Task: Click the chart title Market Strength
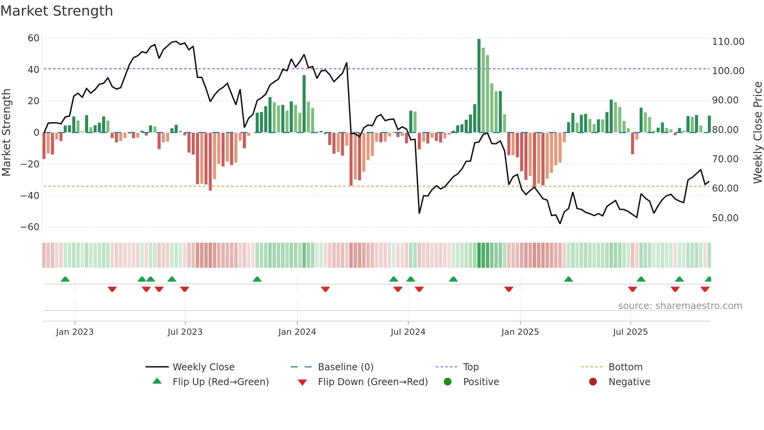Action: click(57, 11)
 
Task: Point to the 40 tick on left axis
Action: click(34, 70)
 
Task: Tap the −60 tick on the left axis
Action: click(30, 227)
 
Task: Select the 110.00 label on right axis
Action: click(728, 42)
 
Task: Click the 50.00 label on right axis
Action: click(725, 218)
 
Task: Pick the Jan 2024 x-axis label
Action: click(297, 332)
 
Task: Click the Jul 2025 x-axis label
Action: click(630, 332)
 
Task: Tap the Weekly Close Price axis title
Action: click(757, 132)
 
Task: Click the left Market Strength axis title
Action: click(6, 132)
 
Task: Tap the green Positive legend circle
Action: click(447, 382)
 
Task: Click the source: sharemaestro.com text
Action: click(680, 306)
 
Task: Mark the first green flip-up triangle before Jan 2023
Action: click(65, 279)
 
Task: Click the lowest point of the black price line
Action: click(560, 223)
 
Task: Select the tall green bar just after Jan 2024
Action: click(304, 104)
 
